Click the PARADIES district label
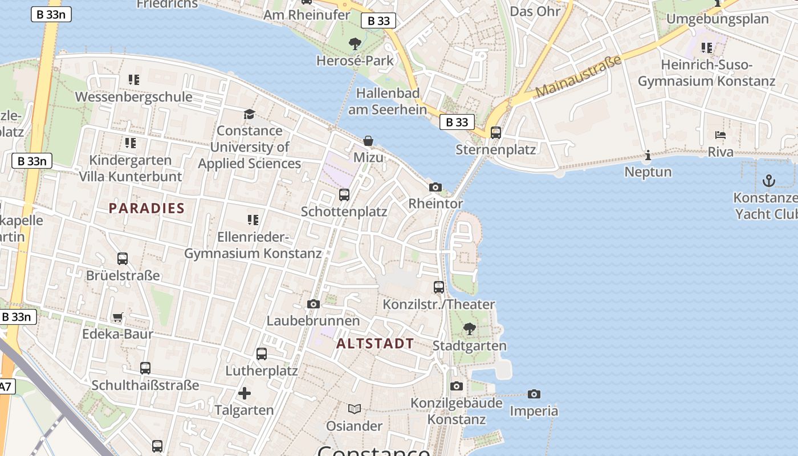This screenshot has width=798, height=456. coord(146,208)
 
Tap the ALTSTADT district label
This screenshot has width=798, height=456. coord(375,343)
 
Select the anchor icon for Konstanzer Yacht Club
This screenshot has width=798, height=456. coord(769,181)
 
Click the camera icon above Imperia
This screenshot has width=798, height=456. coord(534,394)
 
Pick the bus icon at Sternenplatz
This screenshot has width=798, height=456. coord(496,133)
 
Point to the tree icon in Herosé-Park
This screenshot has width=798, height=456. coord(355,43)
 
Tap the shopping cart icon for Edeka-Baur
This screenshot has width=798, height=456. coord(117,317)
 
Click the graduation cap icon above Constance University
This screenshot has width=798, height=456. coord(249,114)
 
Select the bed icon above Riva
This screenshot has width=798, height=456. coord(720,136)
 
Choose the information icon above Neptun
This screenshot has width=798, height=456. coord(648,155)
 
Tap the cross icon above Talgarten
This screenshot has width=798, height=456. coord(244,393)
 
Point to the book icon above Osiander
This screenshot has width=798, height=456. coord(355,409)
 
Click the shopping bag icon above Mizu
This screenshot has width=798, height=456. coord(368,140)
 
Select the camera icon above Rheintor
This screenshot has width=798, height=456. coord(435,187)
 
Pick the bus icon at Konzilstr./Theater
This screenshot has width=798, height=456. coord(438,287)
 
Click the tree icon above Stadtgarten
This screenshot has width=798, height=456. coord(469,328)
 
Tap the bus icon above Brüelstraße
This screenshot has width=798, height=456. coord(123,259)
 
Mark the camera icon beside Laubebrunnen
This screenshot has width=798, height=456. coord(313,304)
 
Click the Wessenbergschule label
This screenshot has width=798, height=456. coord(133,97)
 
